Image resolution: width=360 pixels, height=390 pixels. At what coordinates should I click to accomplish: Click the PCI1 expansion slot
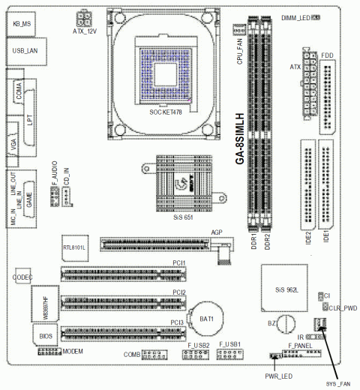(x=121, y=273)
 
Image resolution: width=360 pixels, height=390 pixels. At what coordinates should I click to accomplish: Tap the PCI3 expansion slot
(x=121, y=333)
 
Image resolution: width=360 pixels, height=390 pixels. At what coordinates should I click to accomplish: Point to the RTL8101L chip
(x=75, y=246)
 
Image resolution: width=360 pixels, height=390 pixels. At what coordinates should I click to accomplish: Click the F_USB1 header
(x=229, y=354)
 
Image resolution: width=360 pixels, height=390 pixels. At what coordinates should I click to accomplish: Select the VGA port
(x=16, y=147)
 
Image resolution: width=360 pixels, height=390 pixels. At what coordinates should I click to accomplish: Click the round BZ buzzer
(x=286, y=324)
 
